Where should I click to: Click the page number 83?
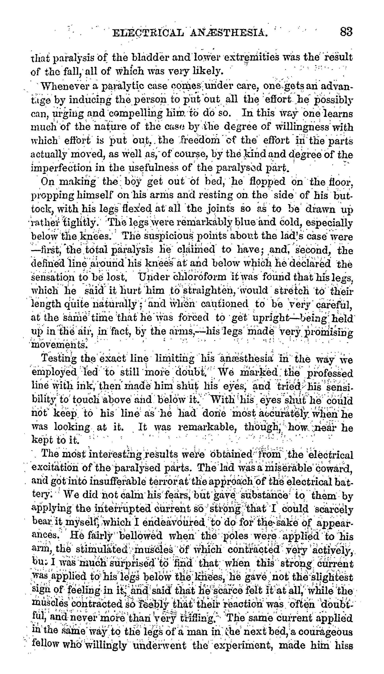click(346, 32)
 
